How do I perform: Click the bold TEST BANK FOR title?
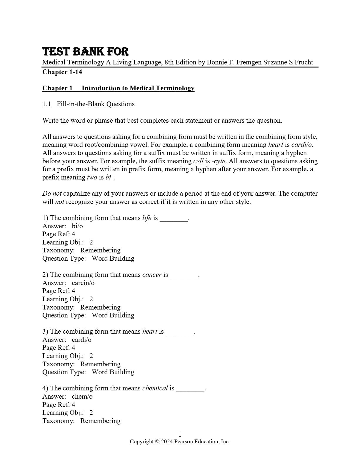86,52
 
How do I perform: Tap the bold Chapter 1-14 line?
62,72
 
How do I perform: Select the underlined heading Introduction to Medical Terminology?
138,88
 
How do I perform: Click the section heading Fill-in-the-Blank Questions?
96,104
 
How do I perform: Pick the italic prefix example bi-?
109,177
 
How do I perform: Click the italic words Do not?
52,194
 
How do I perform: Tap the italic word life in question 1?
147,218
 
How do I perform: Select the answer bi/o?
77,226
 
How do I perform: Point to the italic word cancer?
152,275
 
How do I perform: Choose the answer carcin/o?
83,283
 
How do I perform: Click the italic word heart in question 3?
150,332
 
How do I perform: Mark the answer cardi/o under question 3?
81,340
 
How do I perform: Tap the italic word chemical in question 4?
155,388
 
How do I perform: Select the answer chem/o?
82,397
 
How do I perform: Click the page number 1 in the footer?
180,435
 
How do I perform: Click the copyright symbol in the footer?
157,442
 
